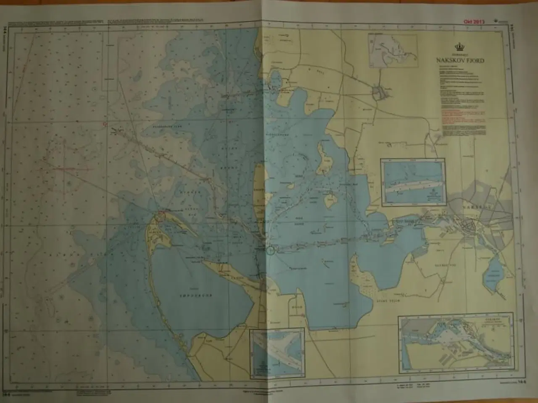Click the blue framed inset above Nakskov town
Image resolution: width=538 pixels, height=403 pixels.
click(x=412, y=182)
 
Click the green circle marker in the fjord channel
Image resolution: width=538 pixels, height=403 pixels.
click(x=270, y=251)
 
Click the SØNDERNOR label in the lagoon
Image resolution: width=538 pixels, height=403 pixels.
click(x=200, y=296)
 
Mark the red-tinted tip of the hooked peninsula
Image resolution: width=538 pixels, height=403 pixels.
click(x=160, y=216)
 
